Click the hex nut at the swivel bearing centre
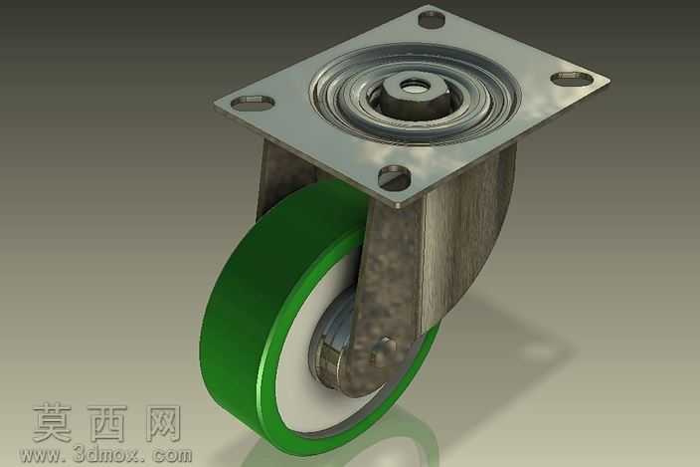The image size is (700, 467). [x=406, y=92]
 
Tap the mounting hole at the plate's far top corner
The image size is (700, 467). [x=432, y=19]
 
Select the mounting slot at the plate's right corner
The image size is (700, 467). [x=573, y=79]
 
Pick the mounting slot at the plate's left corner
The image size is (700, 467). [x=253, y=103]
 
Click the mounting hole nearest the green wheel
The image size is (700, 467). [x=395, y=176]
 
